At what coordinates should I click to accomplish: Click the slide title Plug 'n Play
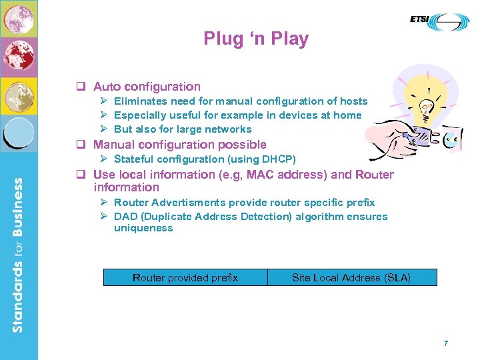(x=256, y=39)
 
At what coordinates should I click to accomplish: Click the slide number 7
(x=446, y=343)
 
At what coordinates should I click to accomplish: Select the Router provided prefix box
(x=185, y=277)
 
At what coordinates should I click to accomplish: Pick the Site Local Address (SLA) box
(x=351, y=277)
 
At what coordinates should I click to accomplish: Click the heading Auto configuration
(x=147, y=87)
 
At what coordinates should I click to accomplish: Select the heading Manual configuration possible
(x=179, y=145)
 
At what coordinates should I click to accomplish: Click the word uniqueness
(x=143, y=228)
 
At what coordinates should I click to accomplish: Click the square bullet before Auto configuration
(x=79, y=87)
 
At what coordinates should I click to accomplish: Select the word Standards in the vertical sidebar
(x=18, y=297)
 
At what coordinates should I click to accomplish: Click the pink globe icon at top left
(x=19, y=19)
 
